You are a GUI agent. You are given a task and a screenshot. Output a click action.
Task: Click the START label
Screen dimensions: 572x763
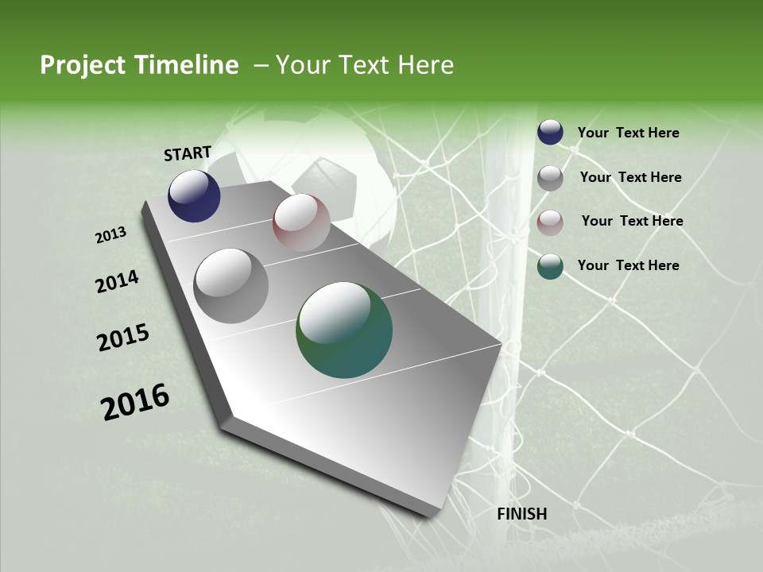[x=188, y=153]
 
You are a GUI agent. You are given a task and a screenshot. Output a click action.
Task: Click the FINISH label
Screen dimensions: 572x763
[x=522, y=514]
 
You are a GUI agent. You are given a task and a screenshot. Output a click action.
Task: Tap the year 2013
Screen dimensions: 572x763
[x=111, y=235]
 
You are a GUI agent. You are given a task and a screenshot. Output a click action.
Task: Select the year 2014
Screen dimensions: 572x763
[x=117, y=282]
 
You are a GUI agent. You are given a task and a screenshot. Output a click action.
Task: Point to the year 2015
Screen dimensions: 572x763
[x=123, y=338]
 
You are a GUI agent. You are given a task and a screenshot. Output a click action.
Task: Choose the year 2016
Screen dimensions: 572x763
[x=135, y=402]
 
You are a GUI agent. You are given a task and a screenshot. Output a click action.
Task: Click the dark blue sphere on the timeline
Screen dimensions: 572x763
[x=194, y=196]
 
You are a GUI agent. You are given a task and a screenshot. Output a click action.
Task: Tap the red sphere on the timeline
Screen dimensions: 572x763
[x=301, y=222]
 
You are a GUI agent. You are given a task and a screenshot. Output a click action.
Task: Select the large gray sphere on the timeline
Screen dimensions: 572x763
[x=231, y=286]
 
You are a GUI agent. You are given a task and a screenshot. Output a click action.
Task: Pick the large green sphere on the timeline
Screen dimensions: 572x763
[x=344, y=330]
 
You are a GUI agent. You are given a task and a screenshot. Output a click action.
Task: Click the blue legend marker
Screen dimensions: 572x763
[x=550, y=133]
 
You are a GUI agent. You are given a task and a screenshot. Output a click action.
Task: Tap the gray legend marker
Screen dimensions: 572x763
[x=550, y=178]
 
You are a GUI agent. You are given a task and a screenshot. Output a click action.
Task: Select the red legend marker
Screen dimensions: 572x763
[x=550, y=222]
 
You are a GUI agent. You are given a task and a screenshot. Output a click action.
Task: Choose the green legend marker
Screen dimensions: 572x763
[x=550, y=267]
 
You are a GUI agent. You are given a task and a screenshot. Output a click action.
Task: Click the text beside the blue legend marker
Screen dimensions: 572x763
[x=628, y=133]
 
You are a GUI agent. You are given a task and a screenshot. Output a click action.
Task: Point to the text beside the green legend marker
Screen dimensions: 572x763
[x=628, y=265]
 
